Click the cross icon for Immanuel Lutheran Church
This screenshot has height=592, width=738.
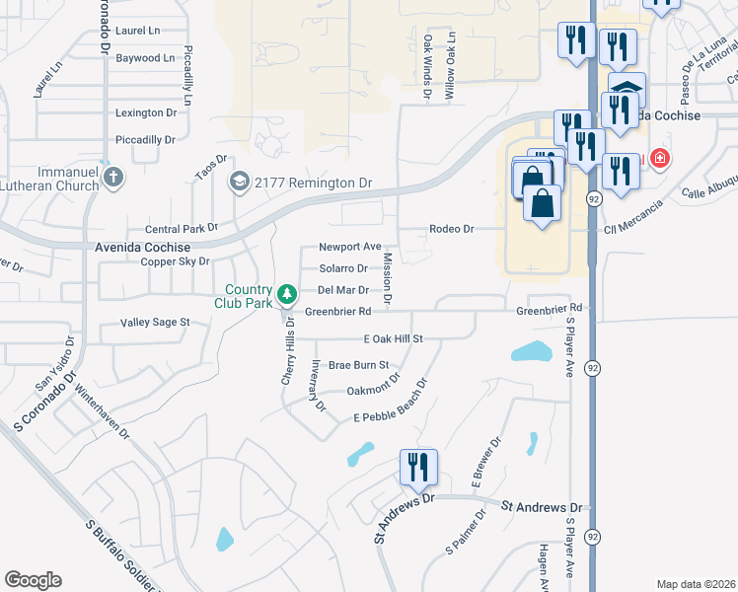point(113,178)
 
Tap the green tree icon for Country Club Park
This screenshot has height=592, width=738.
point(287,294)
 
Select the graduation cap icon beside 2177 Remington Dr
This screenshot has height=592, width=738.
point(239,183)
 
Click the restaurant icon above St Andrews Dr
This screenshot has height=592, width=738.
point(418,468)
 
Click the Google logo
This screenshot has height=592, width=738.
point(33,580)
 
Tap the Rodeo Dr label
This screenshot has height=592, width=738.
point(451,229)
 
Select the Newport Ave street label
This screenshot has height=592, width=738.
point(349,247)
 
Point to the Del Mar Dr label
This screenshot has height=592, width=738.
point(342,290)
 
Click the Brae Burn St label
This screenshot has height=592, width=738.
point(359,365)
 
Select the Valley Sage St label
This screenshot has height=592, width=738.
point(155,323)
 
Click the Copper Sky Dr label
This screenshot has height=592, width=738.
point(176,261)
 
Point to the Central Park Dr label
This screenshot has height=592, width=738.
point(182,228)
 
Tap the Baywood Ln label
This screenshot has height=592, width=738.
point(145,58)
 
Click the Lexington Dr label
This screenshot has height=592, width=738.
point(145,113)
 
